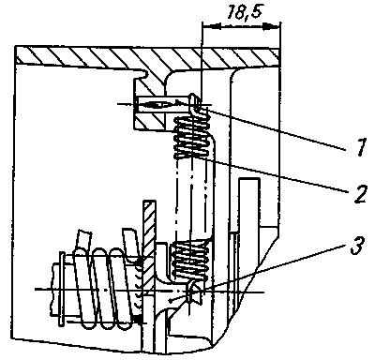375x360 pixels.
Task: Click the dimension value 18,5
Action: [x=244, y=13]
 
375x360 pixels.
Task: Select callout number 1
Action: [x=361, y=146]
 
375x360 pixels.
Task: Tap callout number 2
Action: [x=359, y=194]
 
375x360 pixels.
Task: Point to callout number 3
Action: [x=356, y=246]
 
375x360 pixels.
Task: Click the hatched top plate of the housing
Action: [x=147, y=57]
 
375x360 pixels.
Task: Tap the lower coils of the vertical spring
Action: [x=189, y=260]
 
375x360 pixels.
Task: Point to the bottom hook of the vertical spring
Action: [x=194, y=291]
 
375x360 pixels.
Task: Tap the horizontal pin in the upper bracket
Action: [x=163, y=104]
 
